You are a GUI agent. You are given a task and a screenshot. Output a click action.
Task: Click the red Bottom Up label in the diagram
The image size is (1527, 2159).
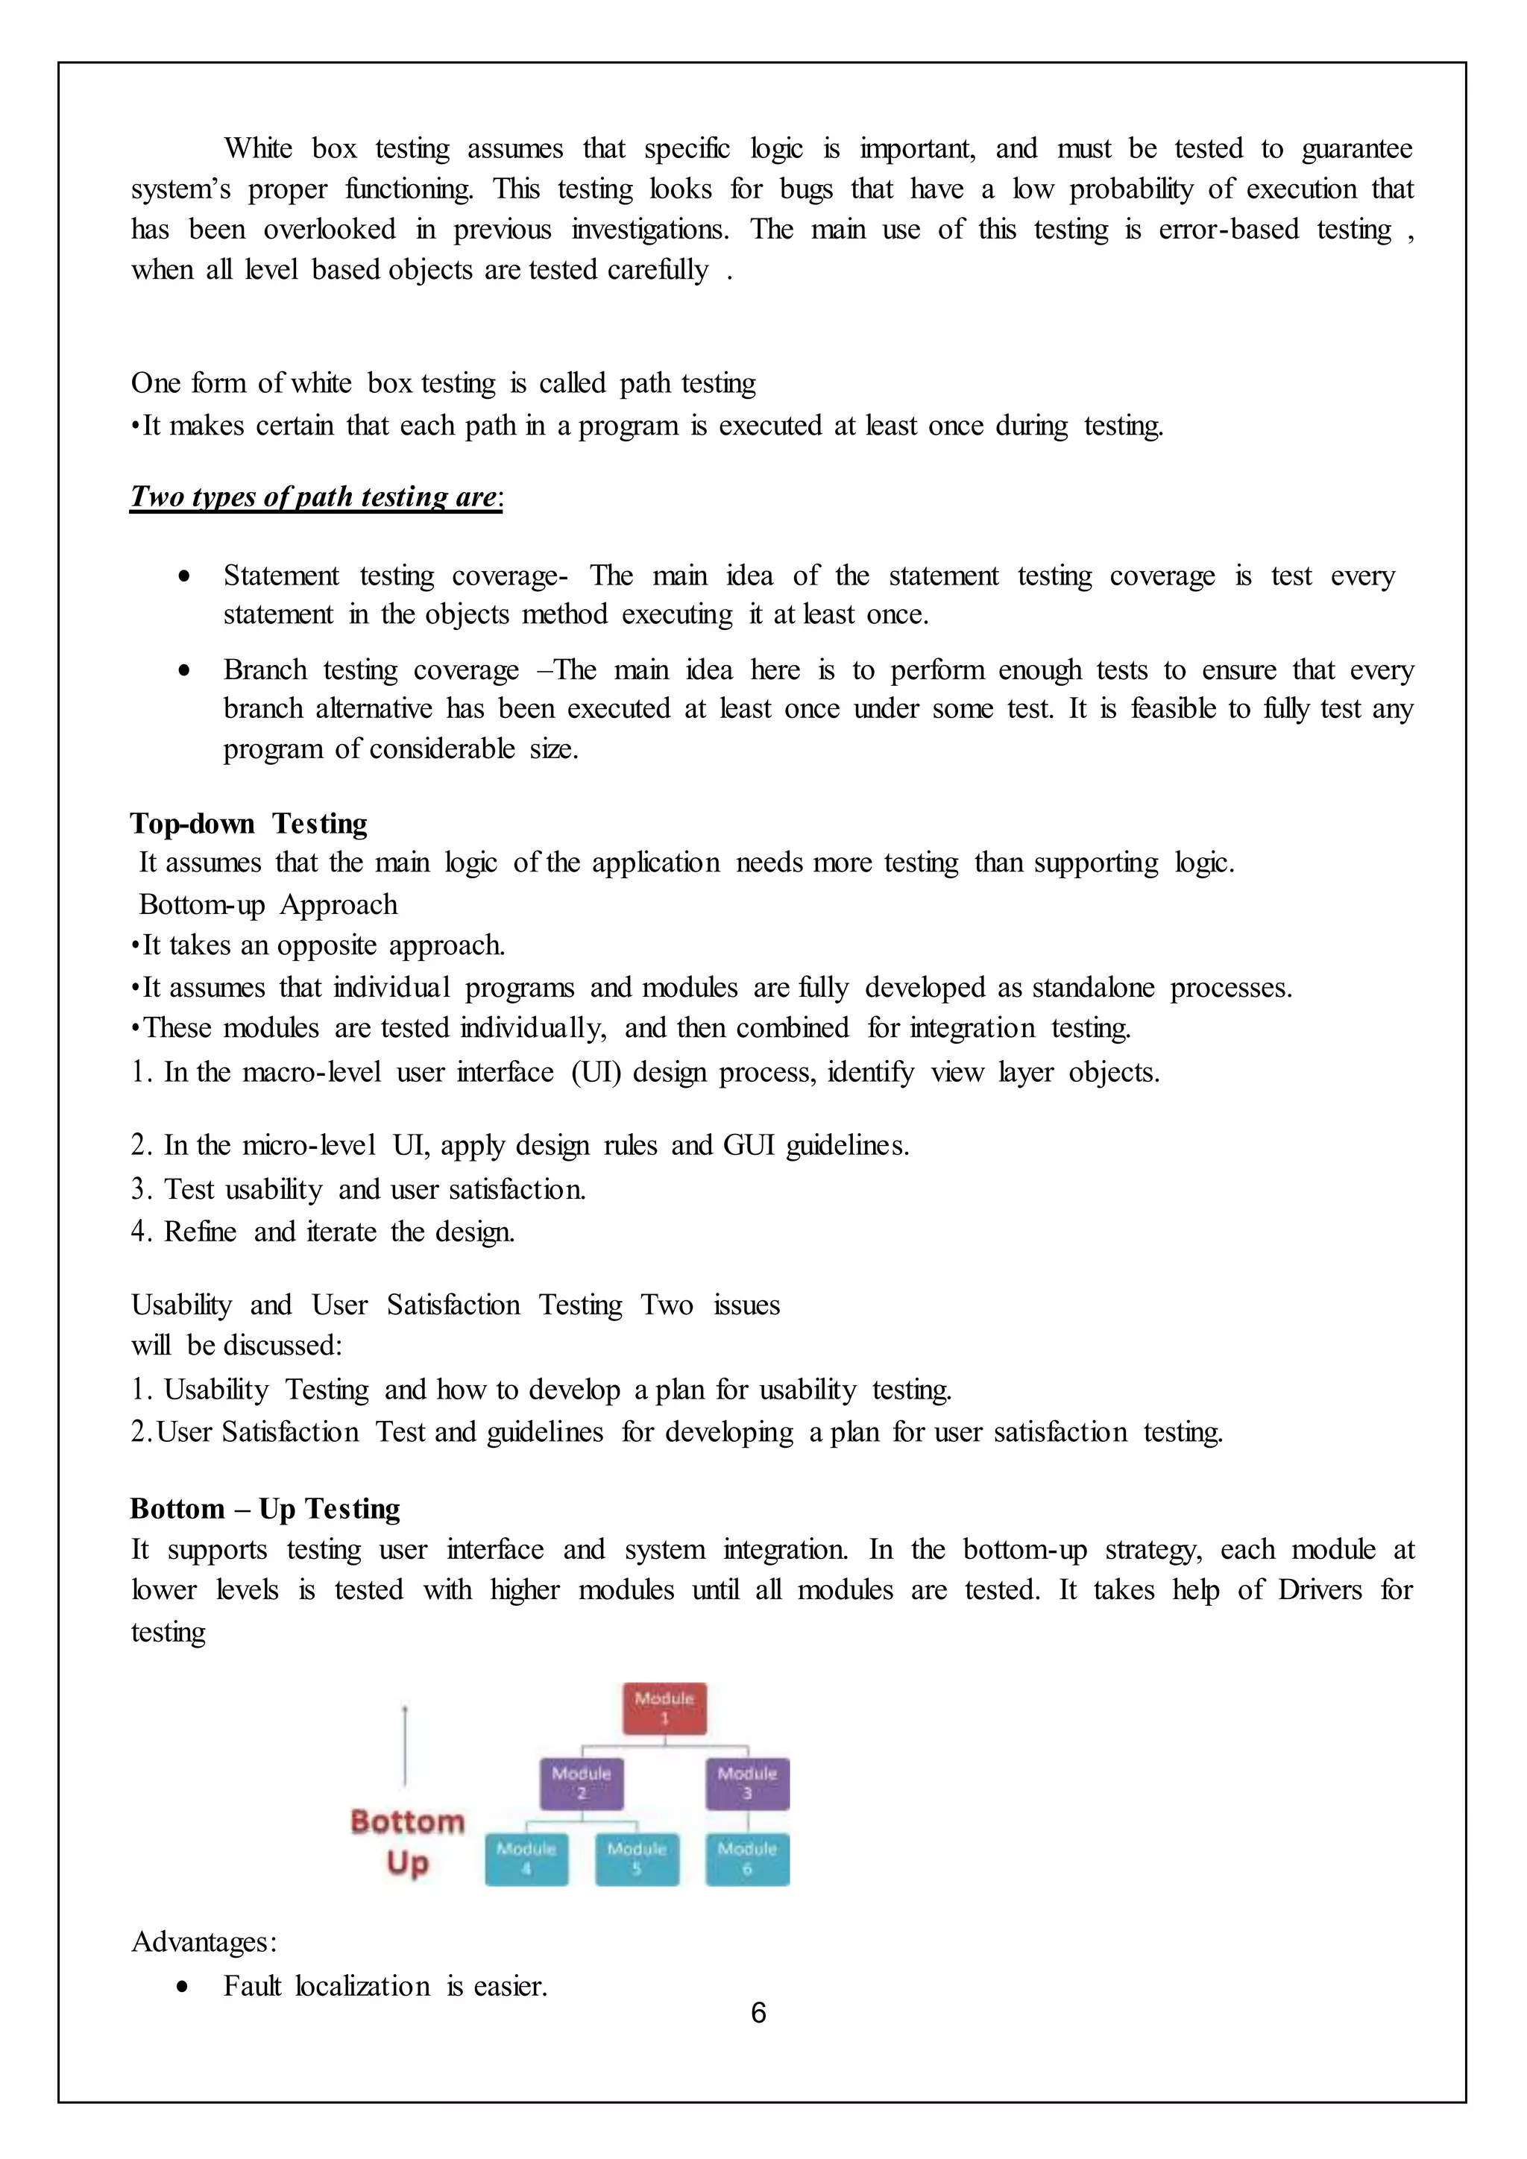(407, 1841)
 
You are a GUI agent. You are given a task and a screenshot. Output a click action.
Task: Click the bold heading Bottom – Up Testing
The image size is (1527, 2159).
(265, 1508)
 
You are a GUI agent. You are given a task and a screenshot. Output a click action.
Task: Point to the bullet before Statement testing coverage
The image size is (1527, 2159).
(184, 576)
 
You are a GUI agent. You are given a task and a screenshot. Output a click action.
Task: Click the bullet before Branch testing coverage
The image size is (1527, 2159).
(184, 670)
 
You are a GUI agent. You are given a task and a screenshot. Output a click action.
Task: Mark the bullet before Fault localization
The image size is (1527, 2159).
(184, 1987)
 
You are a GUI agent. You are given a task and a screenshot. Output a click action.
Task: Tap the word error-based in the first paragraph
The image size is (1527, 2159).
(1228, 230)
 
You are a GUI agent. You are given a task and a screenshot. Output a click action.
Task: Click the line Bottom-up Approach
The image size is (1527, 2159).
(268, 904)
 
